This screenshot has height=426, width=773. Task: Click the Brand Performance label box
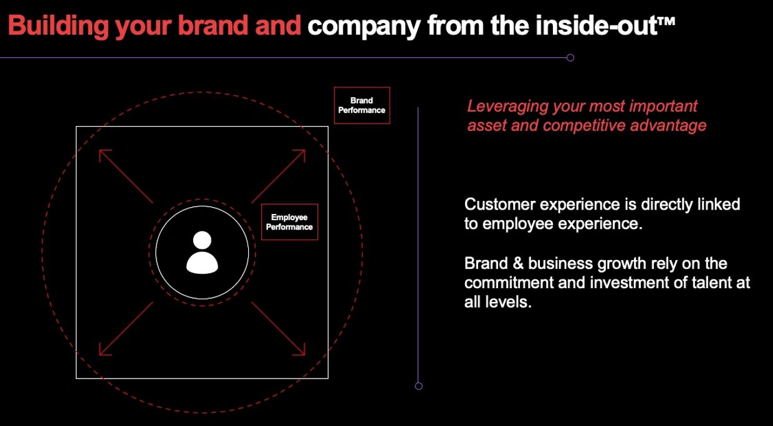[362, 105]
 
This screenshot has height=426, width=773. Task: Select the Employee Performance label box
[289, 222]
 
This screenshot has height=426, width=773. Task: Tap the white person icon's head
[202, 240]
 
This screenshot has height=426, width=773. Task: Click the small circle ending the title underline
[570, 57]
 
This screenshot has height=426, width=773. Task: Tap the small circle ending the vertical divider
[418, 386]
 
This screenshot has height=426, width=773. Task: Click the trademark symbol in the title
[666, 21]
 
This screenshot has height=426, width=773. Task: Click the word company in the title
[364, 27]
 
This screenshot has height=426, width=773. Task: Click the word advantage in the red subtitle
[668, 125]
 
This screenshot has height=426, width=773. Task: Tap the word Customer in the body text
[500, 205]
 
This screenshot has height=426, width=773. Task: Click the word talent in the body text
[712, 283]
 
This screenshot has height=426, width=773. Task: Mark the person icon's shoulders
[202, 263]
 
